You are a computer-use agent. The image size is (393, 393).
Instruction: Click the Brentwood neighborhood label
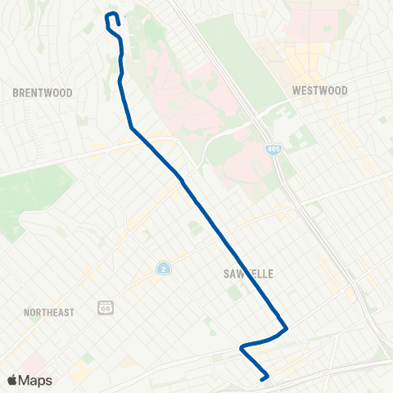tap(43, 93)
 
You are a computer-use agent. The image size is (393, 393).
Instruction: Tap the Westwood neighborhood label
tap(320, 90)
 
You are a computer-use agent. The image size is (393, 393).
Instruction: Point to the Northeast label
tap(48, 312)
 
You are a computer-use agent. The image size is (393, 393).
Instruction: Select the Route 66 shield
tap(104, 307)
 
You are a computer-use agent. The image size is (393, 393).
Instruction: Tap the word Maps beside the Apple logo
tap(36, 380)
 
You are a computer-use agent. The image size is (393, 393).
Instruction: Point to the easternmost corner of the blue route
tap(286, 329)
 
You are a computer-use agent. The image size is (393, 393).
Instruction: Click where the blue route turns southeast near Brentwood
tap(131, 128)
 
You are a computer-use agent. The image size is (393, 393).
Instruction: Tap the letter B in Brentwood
tap(16, 93)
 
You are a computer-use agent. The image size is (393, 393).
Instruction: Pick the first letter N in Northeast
tap(26, 312)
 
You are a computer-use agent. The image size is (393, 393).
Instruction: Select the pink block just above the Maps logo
tap(33, 360)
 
